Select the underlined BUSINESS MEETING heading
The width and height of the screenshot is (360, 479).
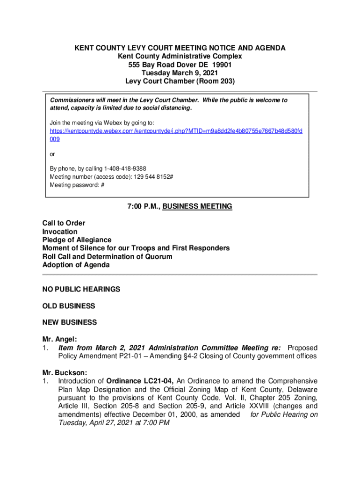tap(197, 206)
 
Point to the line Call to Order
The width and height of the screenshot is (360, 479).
tap(64, 223)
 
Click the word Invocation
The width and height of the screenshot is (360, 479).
tap(60, 232)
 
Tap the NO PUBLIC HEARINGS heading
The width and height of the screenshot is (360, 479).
tap(81, 290)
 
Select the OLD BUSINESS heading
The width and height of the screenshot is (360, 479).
tap(68, 306)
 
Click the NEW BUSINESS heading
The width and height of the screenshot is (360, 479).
tap(70, 322)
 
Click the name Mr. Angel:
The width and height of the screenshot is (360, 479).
tap(59, 339)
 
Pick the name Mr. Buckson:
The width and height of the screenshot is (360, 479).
tap(65, 373)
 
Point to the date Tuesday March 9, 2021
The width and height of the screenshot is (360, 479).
tap(180, 73)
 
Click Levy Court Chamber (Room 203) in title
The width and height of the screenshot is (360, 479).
tap(180, 81)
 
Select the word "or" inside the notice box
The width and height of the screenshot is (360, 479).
tap(52, 154)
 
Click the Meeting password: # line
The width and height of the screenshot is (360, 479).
tap(77, 185)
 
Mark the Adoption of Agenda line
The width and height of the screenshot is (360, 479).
tap(76, 265)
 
